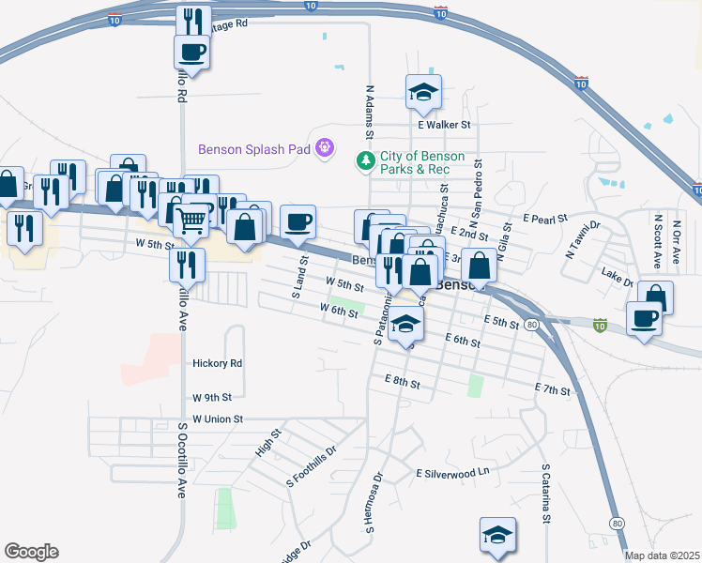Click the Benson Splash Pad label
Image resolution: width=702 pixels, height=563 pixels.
pos(253,149)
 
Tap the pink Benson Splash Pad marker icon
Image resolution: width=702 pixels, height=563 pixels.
pos(325,147)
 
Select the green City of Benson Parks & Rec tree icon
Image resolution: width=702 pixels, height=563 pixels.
pos(365,161)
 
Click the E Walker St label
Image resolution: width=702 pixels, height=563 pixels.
pos(444,124)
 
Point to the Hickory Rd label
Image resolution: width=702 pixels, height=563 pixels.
pos(217,363)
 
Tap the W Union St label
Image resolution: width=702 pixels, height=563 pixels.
pos(218,418)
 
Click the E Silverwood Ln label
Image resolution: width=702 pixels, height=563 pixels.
pos(453,473)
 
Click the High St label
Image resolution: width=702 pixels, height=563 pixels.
pos(267,443)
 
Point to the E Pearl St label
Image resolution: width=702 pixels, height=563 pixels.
pos(546,219)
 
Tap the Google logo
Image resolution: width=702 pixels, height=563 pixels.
pos(31,552)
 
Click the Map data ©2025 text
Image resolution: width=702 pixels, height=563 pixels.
pos(663,555)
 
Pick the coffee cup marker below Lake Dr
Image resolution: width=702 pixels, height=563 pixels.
pos(644,319)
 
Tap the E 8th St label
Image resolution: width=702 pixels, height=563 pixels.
pos(402,382)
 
